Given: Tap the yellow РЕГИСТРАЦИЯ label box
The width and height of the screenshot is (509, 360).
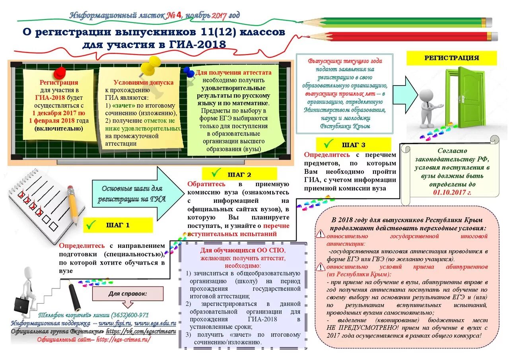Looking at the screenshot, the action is click(x=451, y=58).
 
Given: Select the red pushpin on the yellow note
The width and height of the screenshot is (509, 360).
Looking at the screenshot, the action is click(x=60, y=72).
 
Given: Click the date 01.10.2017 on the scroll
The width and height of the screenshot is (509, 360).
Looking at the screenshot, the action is click(x=452, y=193).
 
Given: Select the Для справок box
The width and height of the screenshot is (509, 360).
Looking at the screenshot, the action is click(x=128, y=294).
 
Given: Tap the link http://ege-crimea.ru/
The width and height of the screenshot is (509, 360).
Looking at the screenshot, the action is click(x=123, y=339).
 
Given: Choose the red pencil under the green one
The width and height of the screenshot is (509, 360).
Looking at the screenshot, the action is click(x=406, y=37).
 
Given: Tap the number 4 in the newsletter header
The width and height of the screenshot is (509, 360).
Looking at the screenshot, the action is click(x=179, y=16).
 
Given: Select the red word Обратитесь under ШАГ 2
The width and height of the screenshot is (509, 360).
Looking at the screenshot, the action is click(x=206, y=184).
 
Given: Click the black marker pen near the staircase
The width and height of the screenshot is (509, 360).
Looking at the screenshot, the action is click(x=74, y=296).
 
